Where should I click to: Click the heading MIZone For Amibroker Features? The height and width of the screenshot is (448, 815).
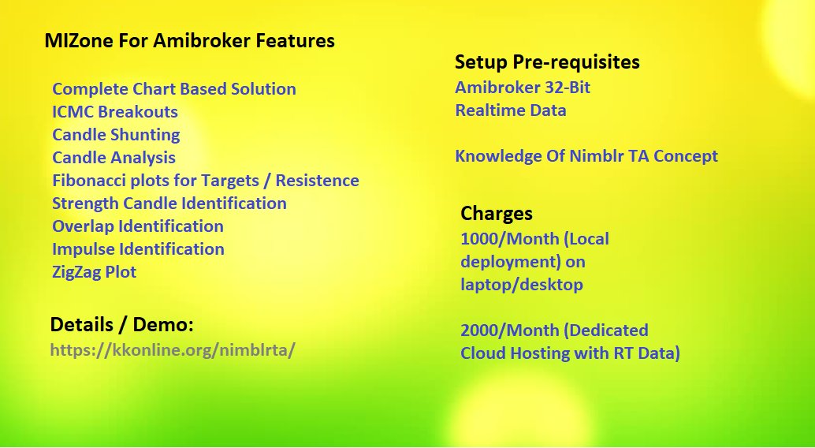click(x=190, y=40)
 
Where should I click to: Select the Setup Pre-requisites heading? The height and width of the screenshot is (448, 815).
click(x=547, y=62)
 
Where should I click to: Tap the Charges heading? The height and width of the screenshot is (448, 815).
click(x=497, y=213)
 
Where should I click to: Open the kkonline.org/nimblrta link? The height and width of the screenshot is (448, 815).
click(x=173, y=349)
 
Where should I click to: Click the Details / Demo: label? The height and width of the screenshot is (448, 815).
click(x=121, y=325)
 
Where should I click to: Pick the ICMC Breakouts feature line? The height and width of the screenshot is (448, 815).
click(x=115, y=112)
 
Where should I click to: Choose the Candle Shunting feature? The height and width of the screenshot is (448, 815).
click(x=116, y=135)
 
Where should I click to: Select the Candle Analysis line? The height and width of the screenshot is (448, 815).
click(x=114, y=158)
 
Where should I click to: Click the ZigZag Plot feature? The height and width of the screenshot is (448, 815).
click(x=94, y=272)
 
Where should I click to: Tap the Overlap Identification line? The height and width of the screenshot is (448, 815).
click(x=138, y=226)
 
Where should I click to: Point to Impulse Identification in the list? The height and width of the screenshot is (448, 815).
click(x=138, y=249)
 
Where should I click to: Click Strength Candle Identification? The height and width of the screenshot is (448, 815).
click(x=169, y=203)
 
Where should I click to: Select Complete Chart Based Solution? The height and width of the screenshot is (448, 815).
click(x=174, y=89)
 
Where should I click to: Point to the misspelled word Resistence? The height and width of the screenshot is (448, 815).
click(x=317, y=181)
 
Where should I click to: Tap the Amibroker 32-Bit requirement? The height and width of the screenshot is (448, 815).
click(x=523, y=88)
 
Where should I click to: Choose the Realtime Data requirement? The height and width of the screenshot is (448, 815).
click(x=511, y=110)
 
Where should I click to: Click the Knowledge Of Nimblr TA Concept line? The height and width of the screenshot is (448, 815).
click(x=586, y=156)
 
